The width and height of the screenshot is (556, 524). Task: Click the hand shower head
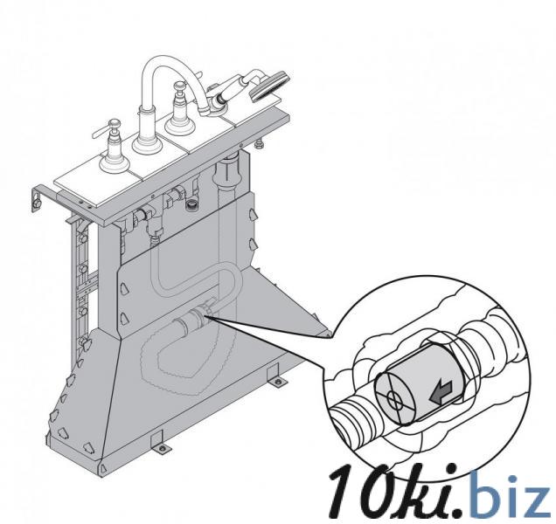[x=270, y=86]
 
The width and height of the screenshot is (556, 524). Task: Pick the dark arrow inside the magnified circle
[x=441, y=392]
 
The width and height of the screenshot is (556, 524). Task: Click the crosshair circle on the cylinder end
[x=393, y=400]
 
